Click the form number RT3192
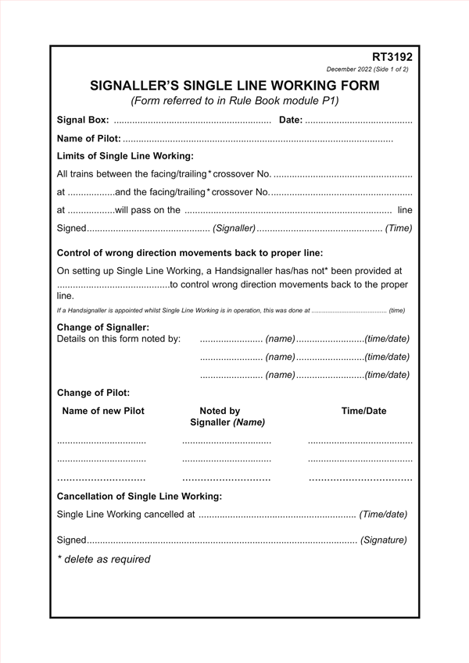tap(392, 57)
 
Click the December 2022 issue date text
tap(367, 70)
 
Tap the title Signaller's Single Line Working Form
tap(234, 85)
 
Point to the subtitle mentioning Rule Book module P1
tap(234, 101)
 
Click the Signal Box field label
tap(83, 120)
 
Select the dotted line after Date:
tap(358, 121)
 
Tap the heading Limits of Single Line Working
tap(125, 156)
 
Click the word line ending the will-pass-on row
tap(404, 210)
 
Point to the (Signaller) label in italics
tap(234, 228)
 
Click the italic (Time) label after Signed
tap(399, 228)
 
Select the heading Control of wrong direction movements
tap(190, 253)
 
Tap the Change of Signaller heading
tap(103, 326)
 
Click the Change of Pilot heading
tap(94, 393)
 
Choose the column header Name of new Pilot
tap(103, 411)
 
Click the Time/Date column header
tap(363, 411)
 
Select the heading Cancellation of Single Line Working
tap(140, 496)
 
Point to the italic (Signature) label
tap(383, 540)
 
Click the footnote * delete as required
tap(104, 559)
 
